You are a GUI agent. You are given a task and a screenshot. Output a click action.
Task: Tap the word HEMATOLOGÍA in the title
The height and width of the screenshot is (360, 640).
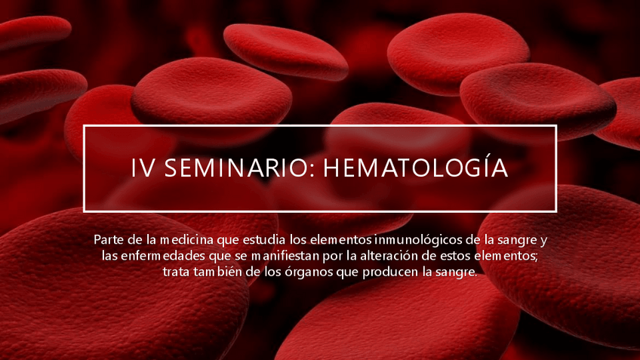(x=415, y=168)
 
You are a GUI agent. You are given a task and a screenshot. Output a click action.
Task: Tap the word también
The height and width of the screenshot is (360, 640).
(x=220, y=272)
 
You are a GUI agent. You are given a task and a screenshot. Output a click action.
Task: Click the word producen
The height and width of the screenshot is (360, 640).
(x=377, y=272)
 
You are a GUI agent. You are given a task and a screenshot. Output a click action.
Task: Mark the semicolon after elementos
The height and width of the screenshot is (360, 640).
(x=536, y=257)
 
